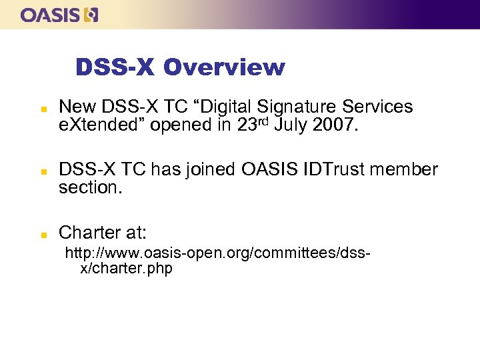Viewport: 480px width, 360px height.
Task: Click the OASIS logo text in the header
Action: (x=50, y=15)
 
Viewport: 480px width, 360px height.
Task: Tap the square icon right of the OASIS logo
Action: (x=91, y=15)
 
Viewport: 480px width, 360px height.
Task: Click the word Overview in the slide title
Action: (x=224, y=67)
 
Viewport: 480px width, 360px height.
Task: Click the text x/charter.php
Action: (x=126, y=269)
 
